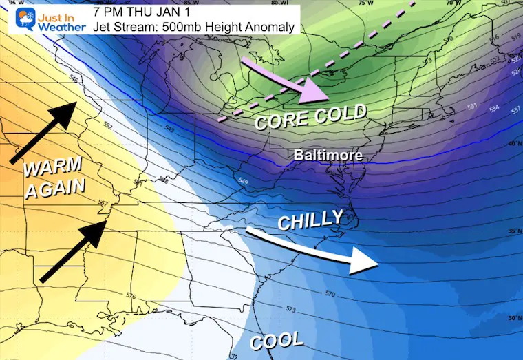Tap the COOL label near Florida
pos(276,340)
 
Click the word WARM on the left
pos(52,168)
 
